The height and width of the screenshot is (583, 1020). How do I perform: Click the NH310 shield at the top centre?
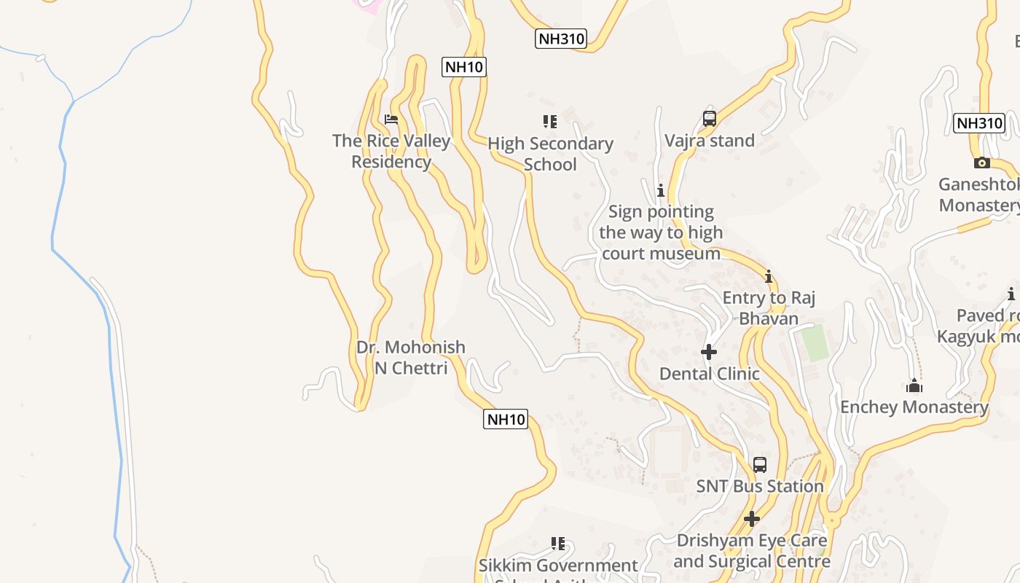pos(560,39)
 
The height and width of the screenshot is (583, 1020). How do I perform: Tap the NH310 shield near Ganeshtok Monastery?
pos(979,122)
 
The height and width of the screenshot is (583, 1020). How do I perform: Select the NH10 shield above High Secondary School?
pos(464,67)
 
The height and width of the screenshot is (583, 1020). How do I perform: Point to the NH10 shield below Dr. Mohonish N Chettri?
pos(506,419)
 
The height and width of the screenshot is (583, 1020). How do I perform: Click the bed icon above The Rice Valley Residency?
pos(391,120)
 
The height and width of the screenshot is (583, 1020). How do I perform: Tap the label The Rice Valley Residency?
pos(391,151)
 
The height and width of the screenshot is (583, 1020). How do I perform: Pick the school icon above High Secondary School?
pos(550,122)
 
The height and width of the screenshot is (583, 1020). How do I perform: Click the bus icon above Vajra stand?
pos(709,118)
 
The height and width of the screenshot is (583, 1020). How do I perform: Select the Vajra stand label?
pos(709,141)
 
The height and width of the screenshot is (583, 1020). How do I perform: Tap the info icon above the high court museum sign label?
pos(660,191)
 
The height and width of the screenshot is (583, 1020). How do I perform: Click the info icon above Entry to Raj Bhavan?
pos(768,277)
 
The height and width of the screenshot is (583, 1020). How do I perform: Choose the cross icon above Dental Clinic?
pos(709,353)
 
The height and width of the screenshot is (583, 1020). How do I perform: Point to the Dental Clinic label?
pos(709,374)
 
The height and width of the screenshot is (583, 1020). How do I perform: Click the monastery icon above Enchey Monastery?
pos(914,386)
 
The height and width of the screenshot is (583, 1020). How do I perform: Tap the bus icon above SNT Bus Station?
pos(759,465)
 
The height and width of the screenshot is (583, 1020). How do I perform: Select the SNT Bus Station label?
pos(759,486)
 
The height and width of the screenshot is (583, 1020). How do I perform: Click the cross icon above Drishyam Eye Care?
pos(751,519)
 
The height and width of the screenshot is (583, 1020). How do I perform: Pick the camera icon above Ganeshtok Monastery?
pos(981,163)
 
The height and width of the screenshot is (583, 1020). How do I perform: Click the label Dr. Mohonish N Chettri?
pos(411,357)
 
